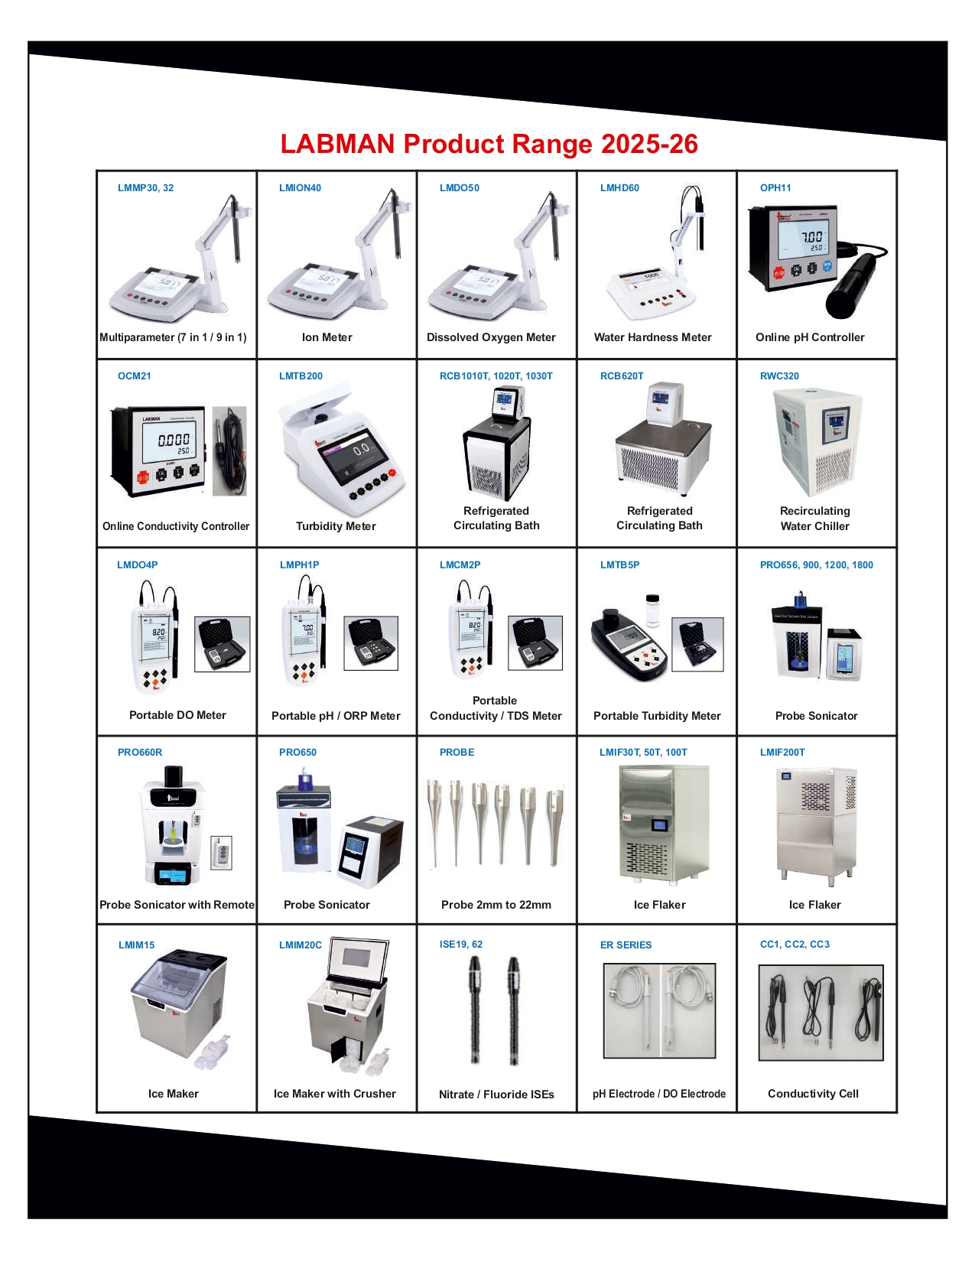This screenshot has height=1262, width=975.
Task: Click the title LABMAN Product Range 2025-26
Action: click(489, 144)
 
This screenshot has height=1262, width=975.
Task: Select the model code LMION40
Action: click(300, 188)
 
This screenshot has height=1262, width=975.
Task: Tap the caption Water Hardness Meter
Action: click(652, 337)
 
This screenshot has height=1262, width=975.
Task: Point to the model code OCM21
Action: click(135, 376)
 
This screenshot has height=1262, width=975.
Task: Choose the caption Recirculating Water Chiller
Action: click(814, 519)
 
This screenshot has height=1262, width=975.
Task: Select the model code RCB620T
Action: click(622, 376)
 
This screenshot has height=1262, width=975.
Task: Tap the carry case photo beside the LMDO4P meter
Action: click(222, 644)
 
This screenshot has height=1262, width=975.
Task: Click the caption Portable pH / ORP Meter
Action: click(336, 716)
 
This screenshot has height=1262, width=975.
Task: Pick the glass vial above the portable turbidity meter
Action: click(652, 610)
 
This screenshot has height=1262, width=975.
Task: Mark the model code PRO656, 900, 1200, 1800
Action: click(816, 565)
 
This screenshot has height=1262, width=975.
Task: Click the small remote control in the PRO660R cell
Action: click(221, 853)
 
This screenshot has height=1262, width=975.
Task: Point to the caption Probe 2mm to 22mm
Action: click(496, 905)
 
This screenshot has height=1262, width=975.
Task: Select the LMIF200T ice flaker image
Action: click(816, 826)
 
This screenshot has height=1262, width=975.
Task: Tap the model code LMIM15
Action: click(136, 945)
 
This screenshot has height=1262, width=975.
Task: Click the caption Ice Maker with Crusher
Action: click(334, 1094)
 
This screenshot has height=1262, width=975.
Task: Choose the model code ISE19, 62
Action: click(461, 945)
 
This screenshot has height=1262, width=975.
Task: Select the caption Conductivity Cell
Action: click(813, 1094)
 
